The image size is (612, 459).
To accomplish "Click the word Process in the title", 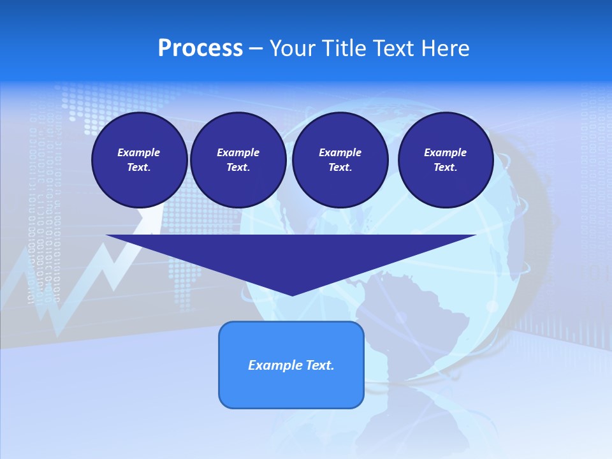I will pyautogui.click(x=200, y=48).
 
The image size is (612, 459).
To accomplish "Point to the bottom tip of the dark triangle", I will pyautogui.click(x=292, y=294).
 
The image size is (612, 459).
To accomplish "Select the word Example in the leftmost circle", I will pyautogui.click(x=139, y=152).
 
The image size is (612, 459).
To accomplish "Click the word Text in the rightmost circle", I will pyautogui.click(x=445, y=168).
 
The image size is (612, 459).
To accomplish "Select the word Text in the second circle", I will pyautogui.click(x=238, y=168).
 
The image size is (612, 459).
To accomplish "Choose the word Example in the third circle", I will pyautogui.click(x=340, y=152).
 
